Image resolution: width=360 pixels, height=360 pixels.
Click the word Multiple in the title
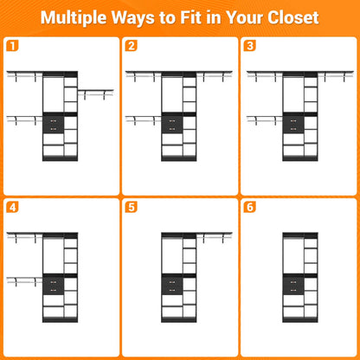[x=74, y=18]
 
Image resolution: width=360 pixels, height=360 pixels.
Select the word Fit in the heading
[x=191, y=17]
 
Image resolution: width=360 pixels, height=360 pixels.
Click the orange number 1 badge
[x=12, y=46]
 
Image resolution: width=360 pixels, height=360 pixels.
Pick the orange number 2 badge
[x=131, y=46]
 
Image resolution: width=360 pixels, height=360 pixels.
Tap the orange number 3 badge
[x=250, y=46]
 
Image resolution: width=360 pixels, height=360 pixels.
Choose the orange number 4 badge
[x=12, y=207]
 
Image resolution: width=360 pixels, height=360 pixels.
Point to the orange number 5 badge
[x=131, y=207]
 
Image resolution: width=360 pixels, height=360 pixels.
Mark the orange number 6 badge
[x=250, y=207]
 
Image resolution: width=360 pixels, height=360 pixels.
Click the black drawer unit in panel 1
[x=53, y=124]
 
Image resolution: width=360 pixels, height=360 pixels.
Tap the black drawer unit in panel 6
[x=293, y=286]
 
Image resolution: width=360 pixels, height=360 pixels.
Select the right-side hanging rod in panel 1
[x=95, y=93]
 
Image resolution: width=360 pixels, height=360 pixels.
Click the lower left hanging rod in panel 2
[x=144, y=119]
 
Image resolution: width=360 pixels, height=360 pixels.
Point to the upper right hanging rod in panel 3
[x=335, y=75]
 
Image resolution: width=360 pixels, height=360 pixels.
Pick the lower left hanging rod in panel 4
[x=24, y=281]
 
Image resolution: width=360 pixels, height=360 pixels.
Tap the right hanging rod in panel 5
[x=215, y=237]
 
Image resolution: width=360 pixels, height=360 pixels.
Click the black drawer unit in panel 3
[x=293, y=124]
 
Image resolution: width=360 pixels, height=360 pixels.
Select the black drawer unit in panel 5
[x=172, y=286]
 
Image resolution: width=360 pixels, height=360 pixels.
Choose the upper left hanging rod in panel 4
[x=24, y=237]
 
